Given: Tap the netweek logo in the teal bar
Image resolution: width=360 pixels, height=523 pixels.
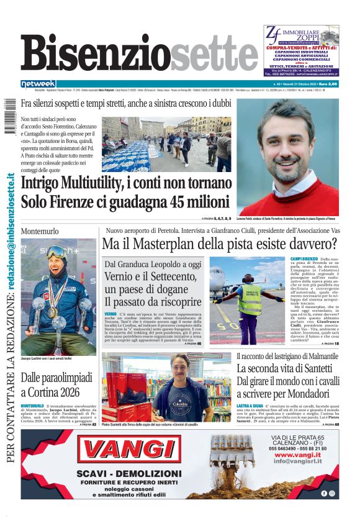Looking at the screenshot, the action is click(x=38, y=83).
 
